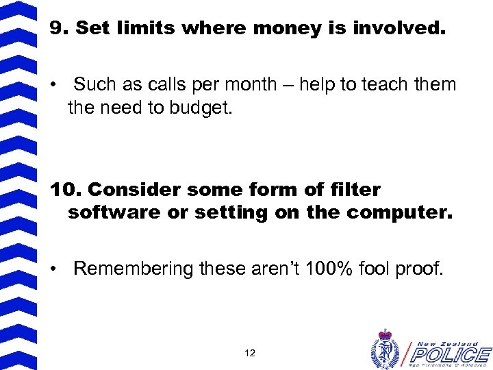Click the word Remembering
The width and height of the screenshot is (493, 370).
(x=134, y=269)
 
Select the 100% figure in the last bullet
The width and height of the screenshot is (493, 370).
(x=321, y=269)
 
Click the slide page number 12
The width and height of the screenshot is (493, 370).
(x=249, y=354)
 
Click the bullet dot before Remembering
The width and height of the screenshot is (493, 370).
(x=54, y=269)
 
